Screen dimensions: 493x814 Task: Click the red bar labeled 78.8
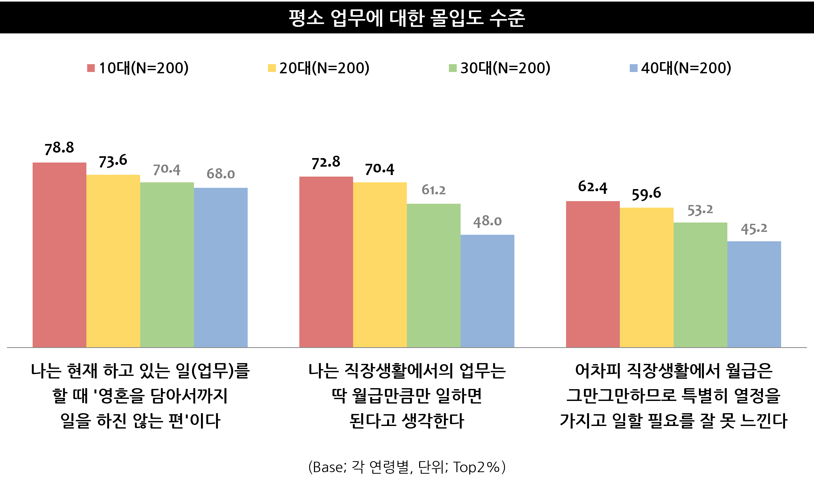(x=60, y=255)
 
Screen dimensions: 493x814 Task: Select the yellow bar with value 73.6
(x=113, y=261)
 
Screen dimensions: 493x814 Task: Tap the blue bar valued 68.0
(x=221, y=267)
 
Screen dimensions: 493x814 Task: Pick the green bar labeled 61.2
(x=434, y=275)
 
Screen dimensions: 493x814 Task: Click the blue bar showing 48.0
(x=487, y=291)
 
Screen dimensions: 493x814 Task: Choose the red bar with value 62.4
(x=593, y=274)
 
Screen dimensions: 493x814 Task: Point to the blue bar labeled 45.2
(x=754, y=294)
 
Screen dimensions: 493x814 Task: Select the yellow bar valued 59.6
(x=646, y=277)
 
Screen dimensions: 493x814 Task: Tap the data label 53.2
(x=700, y=210)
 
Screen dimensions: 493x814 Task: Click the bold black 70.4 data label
(x=379, y=169)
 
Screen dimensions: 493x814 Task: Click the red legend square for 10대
(x=91, y=68)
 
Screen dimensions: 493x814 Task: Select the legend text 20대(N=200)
(x=324, y=68)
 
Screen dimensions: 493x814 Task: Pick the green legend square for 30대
(x=453, y=68)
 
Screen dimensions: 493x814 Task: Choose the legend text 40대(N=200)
(x=686, y=68)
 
